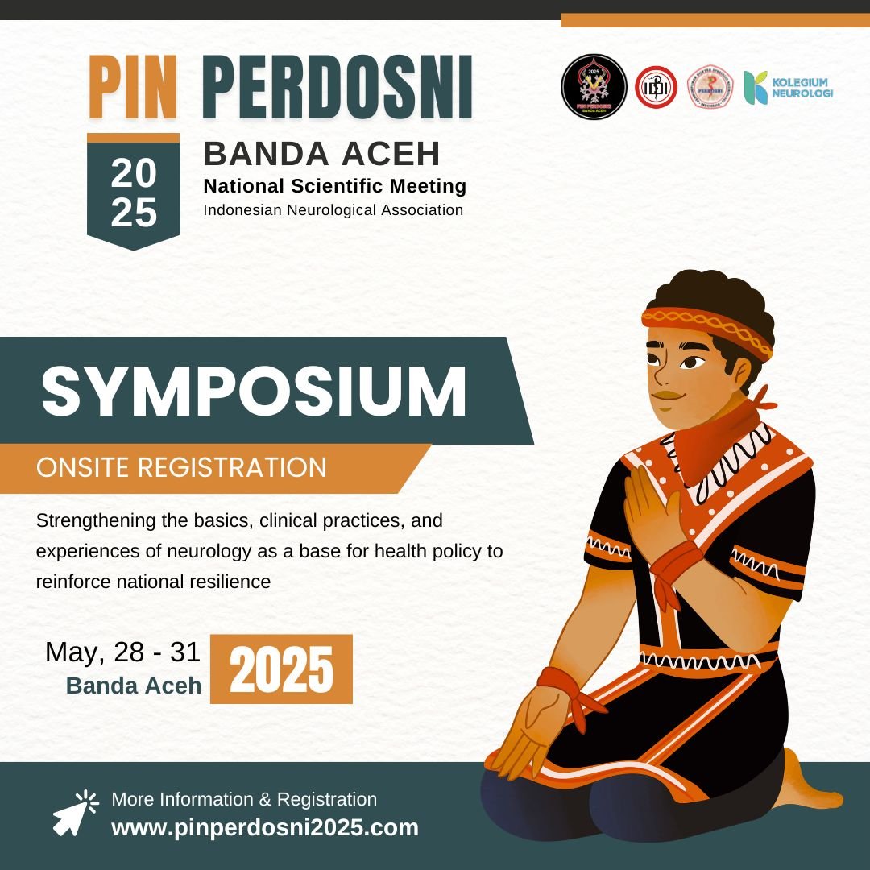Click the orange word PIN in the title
(x=132, y=89)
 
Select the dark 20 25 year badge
(x=134, y=192)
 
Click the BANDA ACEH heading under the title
(x=322, y=152)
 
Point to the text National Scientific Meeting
(x=335, y=186)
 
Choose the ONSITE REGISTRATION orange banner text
(x=182, y=468)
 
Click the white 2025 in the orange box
(x=281, y=669)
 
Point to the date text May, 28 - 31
(x=122, y=652)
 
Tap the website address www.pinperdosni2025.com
(x=265, y=827)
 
